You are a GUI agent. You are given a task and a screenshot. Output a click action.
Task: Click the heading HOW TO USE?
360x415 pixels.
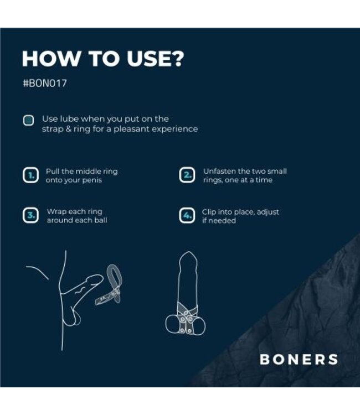click(x=102, y=59)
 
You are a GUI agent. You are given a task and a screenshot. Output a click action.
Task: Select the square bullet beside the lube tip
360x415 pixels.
click(x=28, y=120)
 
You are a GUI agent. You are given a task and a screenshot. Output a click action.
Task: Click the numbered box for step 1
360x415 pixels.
click(x=30, y=176)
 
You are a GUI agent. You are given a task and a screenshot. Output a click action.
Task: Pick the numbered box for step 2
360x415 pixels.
click(x=187, y=175)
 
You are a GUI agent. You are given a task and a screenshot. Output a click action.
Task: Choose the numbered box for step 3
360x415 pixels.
click(x=30, y=216)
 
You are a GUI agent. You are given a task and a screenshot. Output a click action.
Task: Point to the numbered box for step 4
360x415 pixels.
click(x=187, y=216)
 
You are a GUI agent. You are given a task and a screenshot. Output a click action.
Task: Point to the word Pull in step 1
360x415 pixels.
click(x=53, y=172)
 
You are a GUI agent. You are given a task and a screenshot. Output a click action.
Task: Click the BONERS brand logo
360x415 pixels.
click(x=299, y=359)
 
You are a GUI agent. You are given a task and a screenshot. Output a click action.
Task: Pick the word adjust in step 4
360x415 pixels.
click(x=267, y=211)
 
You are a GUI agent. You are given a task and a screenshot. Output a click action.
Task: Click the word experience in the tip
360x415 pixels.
click(x=177, y=129)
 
